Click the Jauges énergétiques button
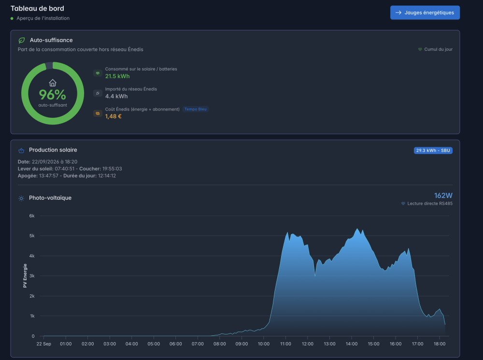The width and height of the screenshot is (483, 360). [425, 13]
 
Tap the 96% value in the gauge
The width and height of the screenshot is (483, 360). [52, 95]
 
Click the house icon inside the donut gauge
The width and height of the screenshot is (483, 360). [53, 83]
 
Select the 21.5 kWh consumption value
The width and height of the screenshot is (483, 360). [117, 76]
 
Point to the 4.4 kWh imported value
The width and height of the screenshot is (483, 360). [116, 97]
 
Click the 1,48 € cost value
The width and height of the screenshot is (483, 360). [114, 116]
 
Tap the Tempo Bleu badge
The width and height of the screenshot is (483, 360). [196, 109]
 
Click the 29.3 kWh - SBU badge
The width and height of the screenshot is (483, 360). [433, 151]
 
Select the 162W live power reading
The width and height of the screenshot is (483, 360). [443, 195]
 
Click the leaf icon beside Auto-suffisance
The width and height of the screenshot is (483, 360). [22, 41]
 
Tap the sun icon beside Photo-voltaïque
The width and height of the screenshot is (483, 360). [21, 198]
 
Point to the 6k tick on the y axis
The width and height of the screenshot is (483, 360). [32, 216]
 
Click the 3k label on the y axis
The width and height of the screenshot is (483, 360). [32, 276]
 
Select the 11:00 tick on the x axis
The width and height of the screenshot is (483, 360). [285, 344]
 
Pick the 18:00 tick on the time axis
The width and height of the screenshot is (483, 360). [440, 344]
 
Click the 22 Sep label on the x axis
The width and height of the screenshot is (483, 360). [44, 344]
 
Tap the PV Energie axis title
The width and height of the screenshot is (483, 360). [25, 276]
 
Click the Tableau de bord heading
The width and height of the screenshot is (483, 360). [37, 8]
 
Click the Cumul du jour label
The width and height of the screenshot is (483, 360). [439, 49]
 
